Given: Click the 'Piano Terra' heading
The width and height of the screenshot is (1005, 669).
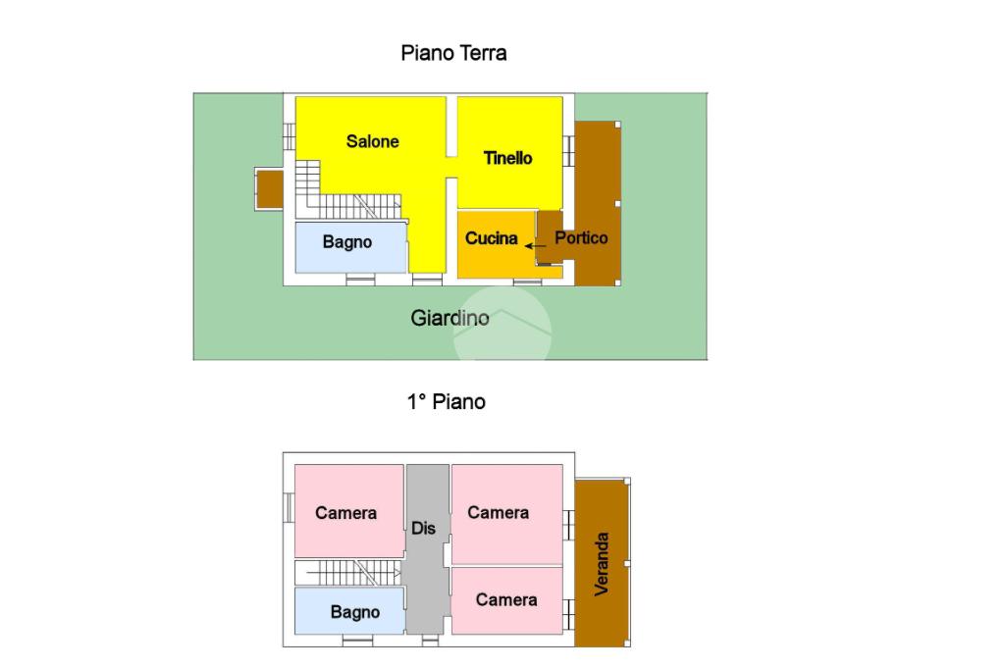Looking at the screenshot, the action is [x=453, y=53].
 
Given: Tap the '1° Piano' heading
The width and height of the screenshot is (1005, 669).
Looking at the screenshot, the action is [x=447, y=401].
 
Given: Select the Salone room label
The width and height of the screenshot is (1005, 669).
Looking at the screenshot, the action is [x=373, y=141].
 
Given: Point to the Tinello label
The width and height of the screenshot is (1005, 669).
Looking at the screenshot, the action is [x=507, y=158].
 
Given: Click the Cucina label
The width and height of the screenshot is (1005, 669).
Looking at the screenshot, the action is [x=491, y=237].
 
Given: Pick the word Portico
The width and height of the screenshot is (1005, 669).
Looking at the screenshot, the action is [x=581, y=237].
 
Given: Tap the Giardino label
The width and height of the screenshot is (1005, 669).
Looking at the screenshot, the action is [x=450, y=318].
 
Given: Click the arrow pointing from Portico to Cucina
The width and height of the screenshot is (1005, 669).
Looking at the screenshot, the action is [x=535, y=246].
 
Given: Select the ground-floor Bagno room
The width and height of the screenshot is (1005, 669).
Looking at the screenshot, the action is [x=349, y=246].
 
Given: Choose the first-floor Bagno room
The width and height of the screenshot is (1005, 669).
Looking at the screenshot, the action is [x=349, y=611].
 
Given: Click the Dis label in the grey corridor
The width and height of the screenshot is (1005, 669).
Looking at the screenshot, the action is [x=424, y=529].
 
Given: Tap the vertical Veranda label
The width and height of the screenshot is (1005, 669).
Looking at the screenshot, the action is [x=602, y=563].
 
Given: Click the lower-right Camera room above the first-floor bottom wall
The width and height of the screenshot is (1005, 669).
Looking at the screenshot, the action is [x=505, y=599].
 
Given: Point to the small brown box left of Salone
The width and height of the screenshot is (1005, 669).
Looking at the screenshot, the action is [x=270, y=188].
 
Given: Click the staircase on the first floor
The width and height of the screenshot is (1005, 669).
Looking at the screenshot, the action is [x=349, y=572].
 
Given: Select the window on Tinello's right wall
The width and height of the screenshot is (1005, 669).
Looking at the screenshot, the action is [x=568, y=150].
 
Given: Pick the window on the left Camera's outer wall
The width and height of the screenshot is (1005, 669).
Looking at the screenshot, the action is [x=289, y=507].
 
